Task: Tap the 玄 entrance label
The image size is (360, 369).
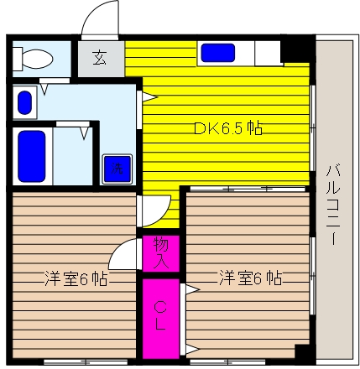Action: [100, 58]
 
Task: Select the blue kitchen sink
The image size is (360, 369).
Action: [218, 53]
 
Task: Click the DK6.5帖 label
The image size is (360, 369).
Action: [228, 128]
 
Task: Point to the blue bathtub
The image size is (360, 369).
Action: [32, 156]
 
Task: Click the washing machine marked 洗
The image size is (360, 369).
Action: [117, 169]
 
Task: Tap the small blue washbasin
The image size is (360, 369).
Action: [24, 102]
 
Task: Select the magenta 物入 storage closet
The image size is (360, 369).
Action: [160, 253]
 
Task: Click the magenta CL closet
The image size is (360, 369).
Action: [160, 319]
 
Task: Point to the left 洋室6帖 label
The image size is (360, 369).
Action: [76, 278]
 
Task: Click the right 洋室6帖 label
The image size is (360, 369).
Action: [250, 278]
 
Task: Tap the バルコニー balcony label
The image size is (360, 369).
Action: [333, 205]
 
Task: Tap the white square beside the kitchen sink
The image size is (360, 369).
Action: [268, 53]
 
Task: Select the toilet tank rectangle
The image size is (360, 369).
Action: [17, 59]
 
